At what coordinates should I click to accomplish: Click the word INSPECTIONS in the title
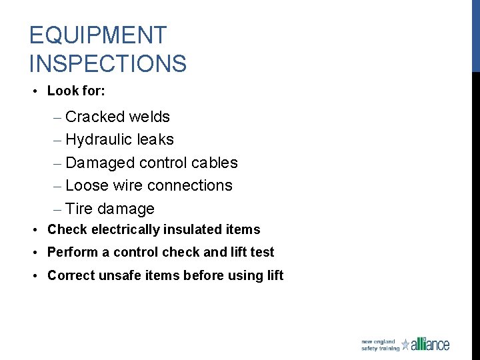[108, 64]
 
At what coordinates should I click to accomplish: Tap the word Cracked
[95, 117]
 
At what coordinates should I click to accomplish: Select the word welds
[149, 117]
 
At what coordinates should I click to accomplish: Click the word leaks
[155, 140]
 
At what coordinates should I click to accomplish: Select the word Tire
[79, 209]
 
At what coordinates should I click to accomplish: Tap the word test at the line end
[263, 253]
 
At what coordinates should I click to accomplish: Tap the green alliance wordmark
[431, 344]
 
